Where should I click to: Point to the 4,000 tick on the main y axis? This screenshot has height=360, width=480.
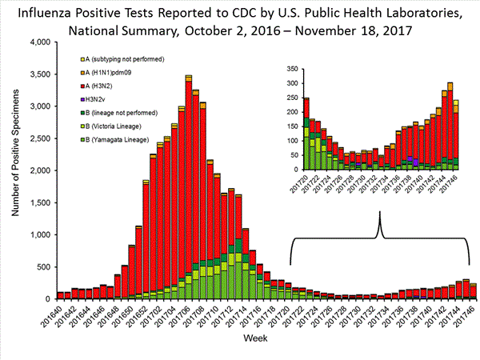coord(38,42)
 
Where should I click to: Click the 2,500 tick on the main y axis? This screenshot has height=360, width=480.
coord(38,138)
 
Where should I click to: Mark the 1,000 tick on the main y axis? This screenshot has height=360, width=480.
coord(38,234)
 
